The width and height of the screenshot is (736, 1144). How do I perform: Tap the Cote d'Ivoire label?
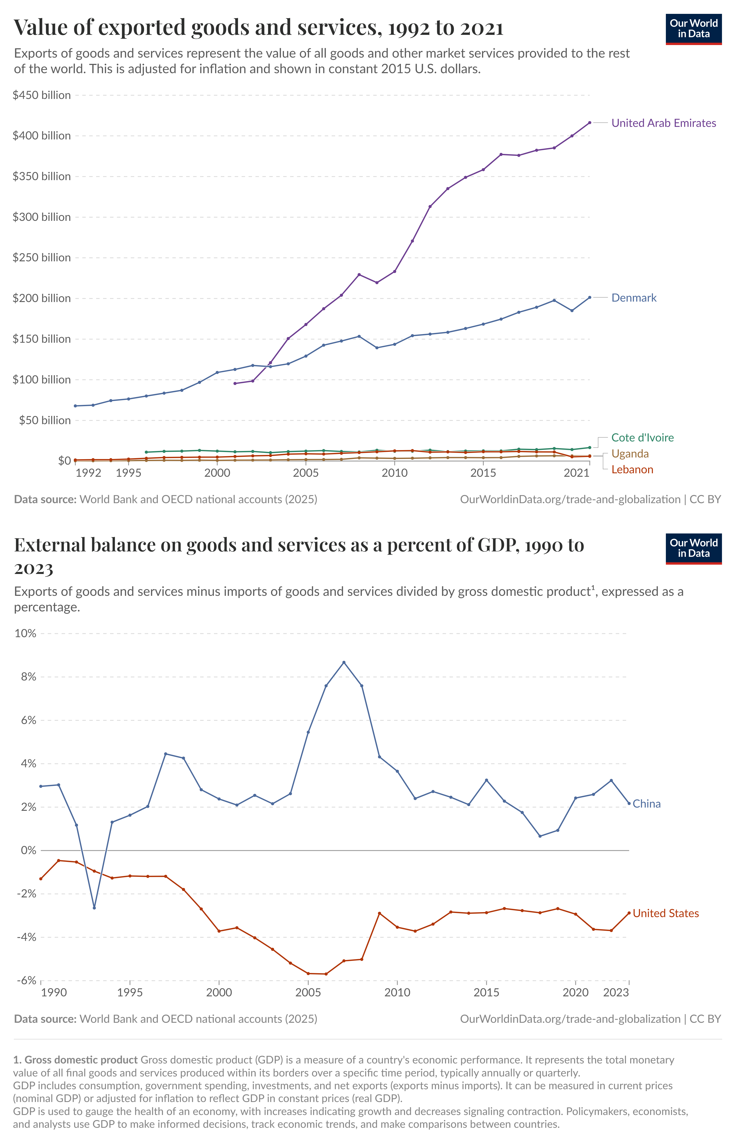[642, 438]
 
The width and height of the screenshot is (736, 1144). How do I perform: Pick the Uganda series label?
[630, 454]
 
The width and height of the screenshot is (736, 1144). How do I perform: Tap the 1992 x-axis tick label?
[88, 473]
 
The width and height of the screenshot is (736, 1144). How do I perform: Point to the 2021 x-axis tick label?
[576, 473]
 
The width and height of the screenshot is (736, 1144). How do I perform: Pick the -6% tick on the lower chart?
[27, 980]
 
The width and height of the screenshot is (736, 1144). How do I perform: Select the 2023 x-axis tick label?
[616, 992]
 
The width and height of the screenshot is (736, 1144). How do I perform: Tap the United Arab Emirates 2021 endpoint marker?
[589, 123]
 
